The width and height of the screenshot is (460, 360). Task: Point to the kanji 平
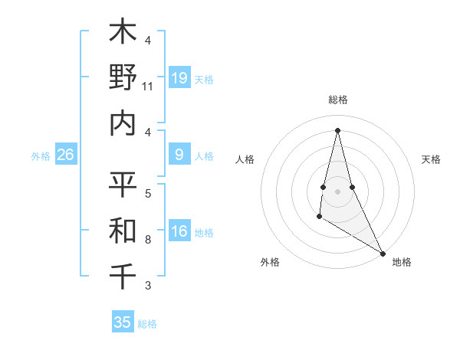[123, 184]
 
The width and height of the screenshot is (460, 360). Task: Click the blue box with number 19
[179, 78]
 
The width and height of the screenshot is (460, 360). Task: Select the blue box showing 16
[179, 232]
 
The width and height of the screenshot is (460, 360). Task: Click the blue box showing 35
[123, 322]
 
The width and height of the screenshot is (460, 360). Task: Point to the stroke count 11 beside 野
[148, 87]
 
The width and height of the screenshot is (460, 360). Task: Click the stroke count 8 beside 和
[148, 240]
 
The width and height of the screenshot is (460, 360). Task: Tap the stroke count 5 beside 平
[148, 194]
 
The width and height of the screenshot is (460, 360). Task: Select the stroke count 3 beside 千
[148, 286]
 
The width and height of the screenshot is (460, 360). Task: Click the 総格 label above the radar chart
[337, 100]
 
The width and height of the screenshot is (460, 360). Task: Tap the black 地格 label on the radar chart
[402, 262]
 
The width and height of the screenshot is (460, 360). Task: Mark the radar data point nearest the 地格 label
[383, 253]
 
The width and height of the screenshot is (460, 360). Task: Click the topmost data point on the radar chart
[337, 129]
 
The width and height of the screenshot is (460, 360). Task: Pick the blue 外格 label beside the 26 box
[41, 156]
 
